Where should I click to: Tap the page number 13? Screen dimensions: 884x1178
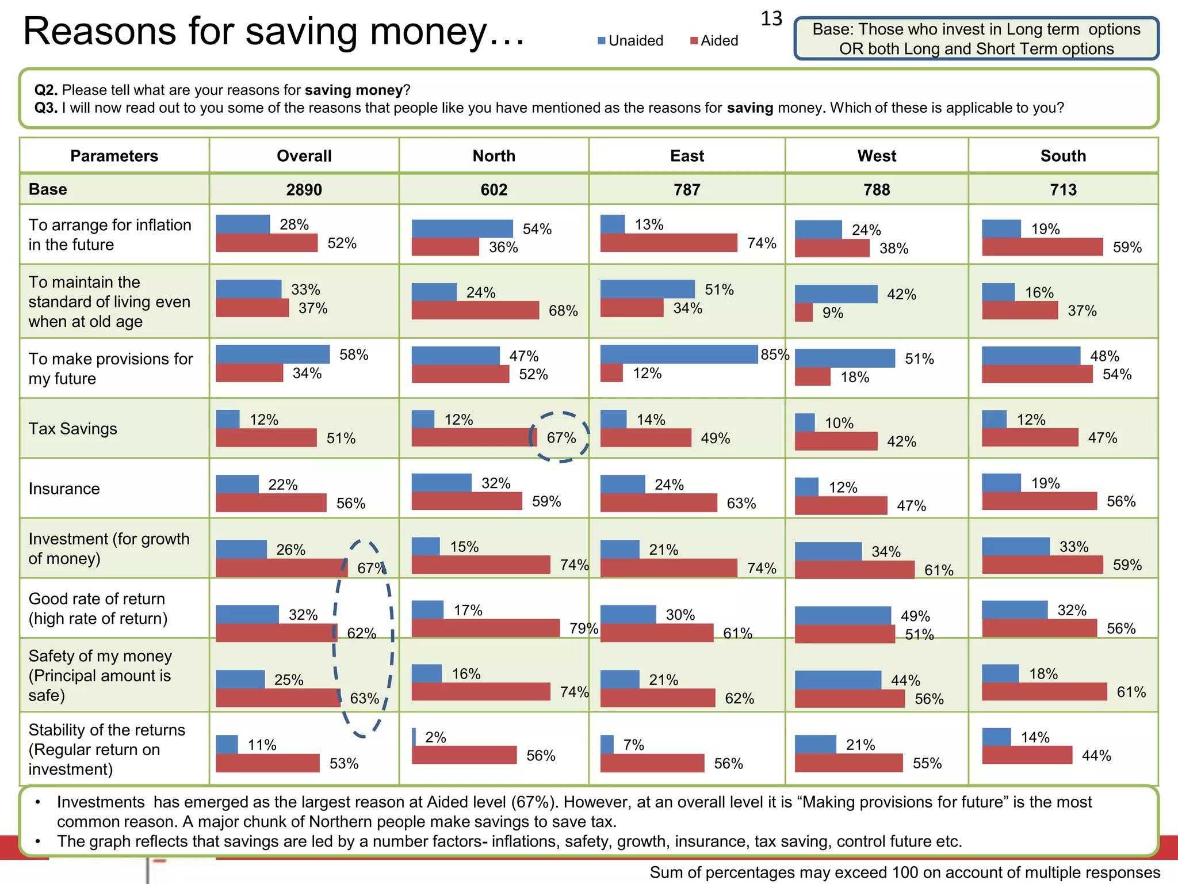point(771,19)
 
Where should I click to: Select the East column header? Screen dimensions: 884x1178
point(687,156)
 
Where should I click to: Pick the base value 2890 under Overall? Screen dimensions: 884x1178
point(304,189)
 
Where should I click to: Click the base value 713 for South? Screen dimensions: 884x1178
point(1062,189)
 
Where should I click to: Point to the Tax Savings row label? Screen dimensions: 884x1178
point(72,429)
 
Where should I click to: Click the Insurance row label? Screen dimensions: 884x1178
point(64,489)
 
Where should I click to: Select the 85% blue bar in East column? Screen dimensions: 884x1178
point(679,354)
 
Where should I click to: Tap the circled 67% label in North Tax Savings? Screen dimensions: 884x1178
point(561,438)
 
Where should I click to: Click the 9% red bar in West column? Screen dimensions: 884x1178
point(804,313)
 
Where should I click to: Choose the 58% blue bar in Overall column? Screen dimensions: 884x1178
point(273,354)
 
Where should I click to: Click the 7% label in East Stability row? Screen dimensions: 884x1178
point(633,745)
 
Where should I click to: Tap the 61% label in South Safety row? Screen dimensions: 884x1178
point(1131,692)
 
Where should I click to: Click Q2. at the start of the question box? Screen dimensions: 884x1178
point(46,90)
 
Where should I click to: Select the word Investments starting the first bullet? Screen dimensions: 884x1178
point(101,802)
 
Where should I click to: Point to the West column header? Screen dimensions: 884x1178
point(876,156)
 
